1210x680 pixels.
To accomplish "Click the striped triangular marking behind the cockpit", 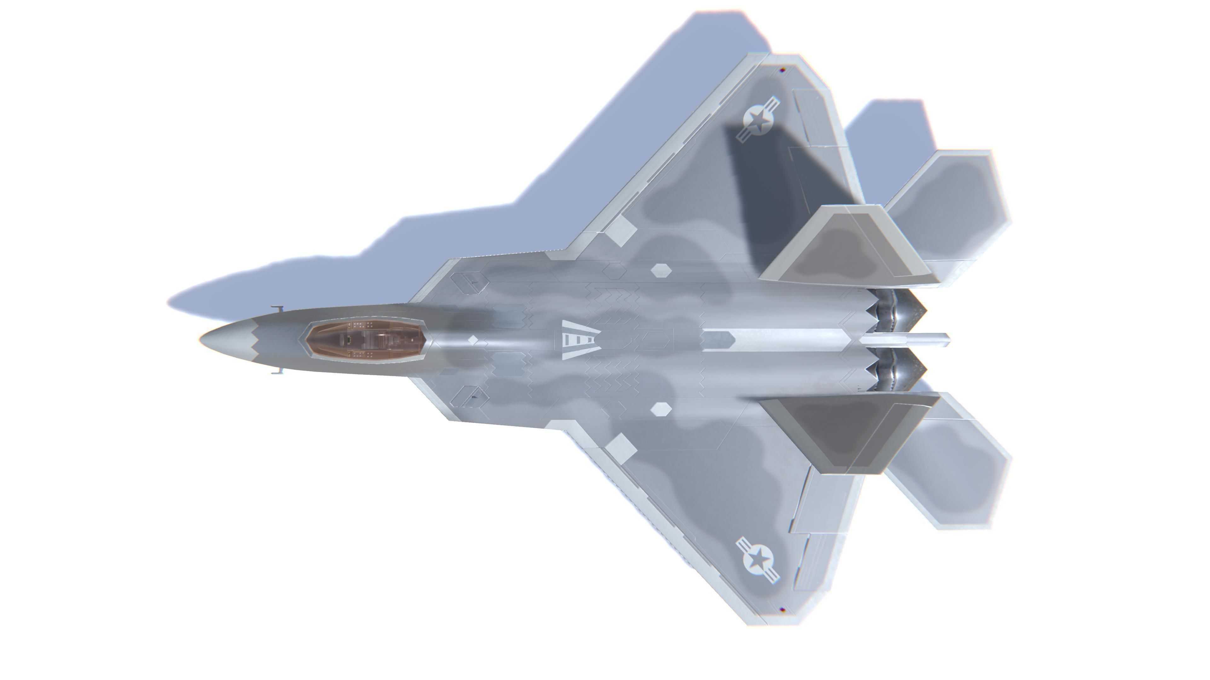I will [579, 340].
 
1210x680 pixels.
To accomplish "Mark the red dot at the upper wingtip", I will [782, 71].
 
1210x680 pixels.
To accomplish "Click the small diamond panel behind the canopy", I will [473, 340].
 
